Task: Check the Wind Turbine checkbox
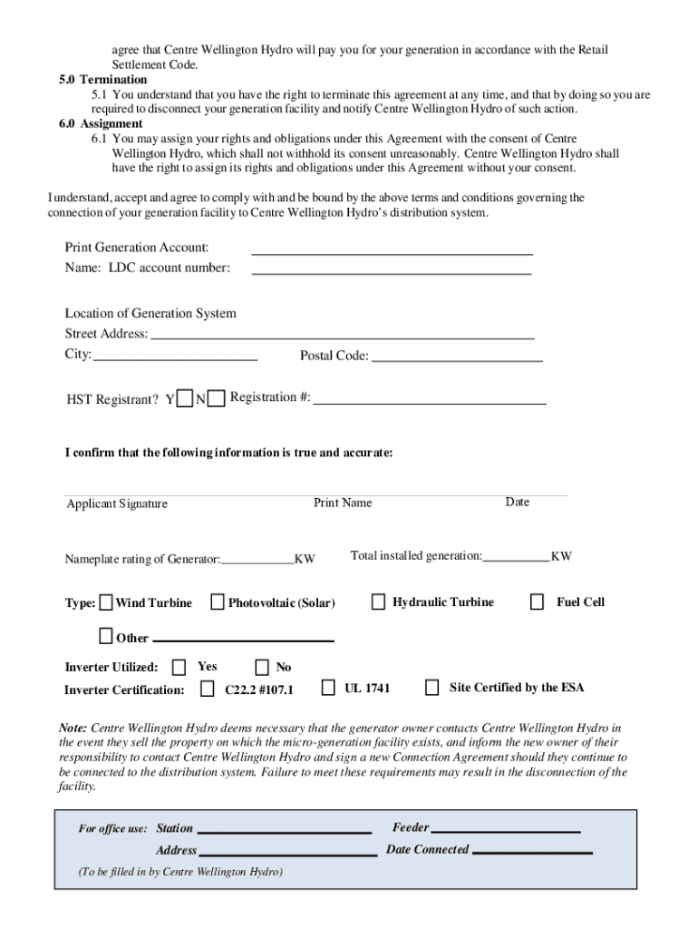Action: [x=107, y=602]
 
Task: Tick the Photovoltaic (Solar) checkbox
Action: [x=218, y=601]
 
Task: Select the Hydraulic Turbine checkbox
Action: [x=378, y=601]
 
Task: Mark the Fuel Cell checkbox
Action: [x=538, y=601]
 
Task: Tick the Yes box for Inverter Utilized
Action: [x=179, y=668]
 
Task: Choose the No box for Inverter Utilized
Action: [x=263, y=668]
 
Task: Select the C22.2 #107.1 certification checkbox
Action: [x=208, y=689]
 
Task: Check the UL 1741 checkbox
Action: [x=328, y=687]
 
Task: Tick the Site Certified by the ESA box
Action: [x=432, y=687]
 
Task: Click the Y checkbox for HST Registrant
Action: [x=185, y=398]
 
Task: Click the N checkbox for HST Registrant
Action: [x=216, y=398]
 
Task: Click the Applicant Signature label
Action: [x=117, y=504]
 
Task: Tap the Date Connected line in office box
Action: [x=532, y=851]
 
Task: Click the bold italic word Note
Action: [x=73, y=728]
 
